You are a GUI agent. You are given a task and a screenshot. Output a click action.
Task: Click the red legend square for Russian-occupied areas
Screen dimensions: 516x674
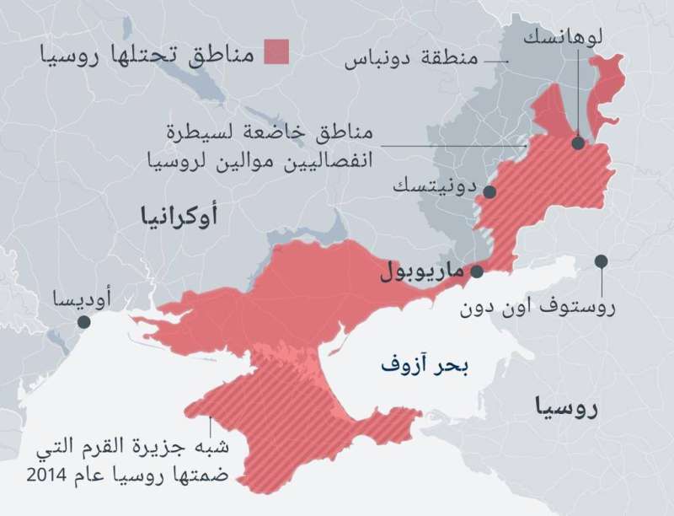click(x=275, y=51)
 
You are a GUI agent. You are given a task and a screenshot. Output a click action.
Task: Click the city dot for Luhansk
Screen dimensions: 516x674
click(x=578, y=143)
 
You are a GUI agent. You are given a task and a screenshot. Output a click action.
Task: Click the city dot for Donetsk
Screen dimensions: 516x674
click(x=489, y=191)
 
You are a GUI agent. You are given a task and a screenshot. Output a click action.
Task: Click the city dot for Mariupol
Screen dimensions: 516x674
click(x=477, y=271)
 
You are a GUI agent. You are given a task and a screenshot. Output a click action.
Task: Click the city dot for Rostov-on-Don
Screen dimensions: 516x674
click(x=601, y=261)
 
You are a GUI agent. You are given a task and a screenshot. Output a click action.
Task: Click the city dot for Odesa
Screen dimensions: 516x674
click(x=83, y=322)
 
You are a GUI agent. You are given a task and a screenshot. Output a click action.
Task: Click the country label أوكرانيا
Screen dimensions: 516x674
click(x=179, y=218)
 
